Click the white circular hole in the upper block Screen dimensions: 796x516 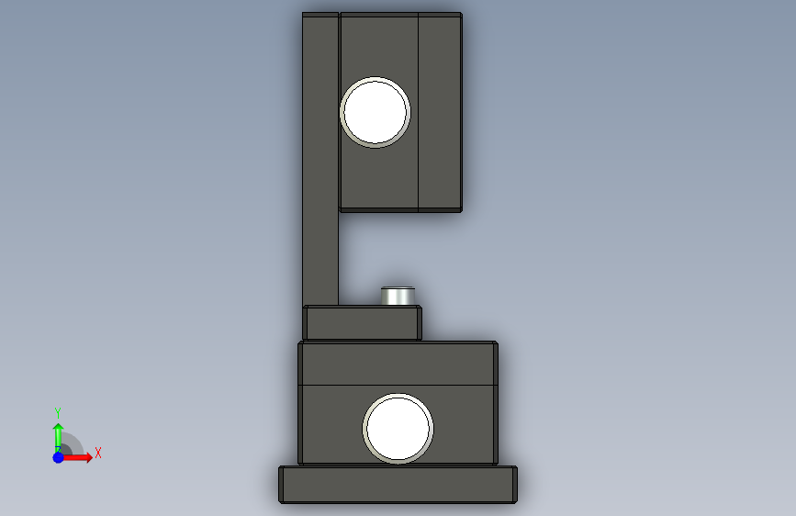click(376, 112)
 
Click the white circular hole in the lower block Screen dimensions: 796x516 click(398, 429)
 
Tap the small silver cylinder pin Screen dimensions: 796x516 click(398, 296)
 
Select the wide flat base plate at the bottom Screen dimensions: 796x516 click(398, 485)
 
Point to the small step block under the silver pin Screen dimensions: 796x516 click(363, 322)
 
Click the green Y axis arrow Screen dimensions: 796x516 click(58, 437)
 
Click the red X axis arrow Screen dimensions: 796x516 click(76, 457)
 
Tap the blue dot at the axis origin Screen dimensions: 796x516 click(58, 457)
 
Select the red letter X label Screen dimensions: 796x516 click(98, 453)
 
